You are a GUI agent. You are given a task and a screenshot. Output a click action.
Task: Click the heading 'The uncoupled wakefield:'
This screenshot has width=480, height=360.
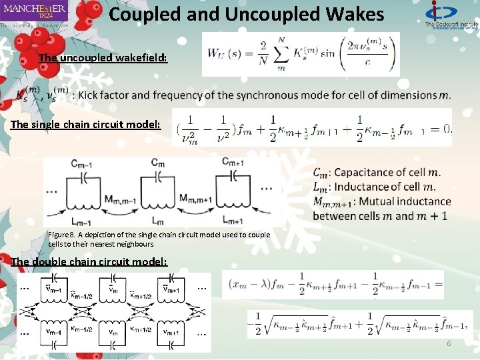103,58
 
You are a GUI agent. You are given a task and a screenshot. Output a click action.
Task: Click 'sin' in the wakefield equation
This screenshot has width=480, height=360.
327,53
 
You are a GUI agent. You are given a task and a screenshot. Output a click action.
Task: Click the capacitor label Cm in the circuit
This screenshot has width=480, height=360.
158,163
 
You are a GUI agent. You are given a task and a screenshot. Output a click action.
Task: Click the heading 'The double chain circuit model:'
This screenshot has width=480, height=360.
89,261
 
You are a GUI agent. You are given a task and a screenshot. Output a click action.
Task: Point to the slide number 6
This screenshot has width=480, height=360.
449,343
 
